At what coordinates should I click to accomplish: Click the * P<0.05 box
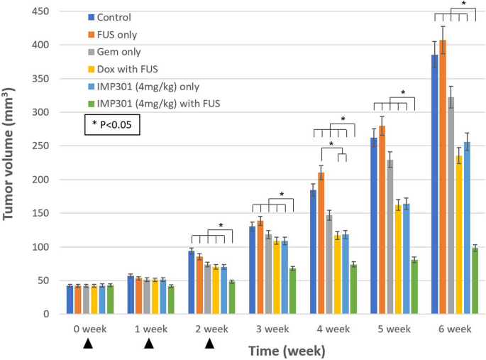112,126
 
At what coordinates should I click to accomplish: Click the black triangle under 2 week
209,344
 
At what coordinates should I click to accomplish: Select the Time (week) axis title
287,351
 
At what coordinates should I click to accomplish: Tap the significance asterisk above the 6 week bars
463,4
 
